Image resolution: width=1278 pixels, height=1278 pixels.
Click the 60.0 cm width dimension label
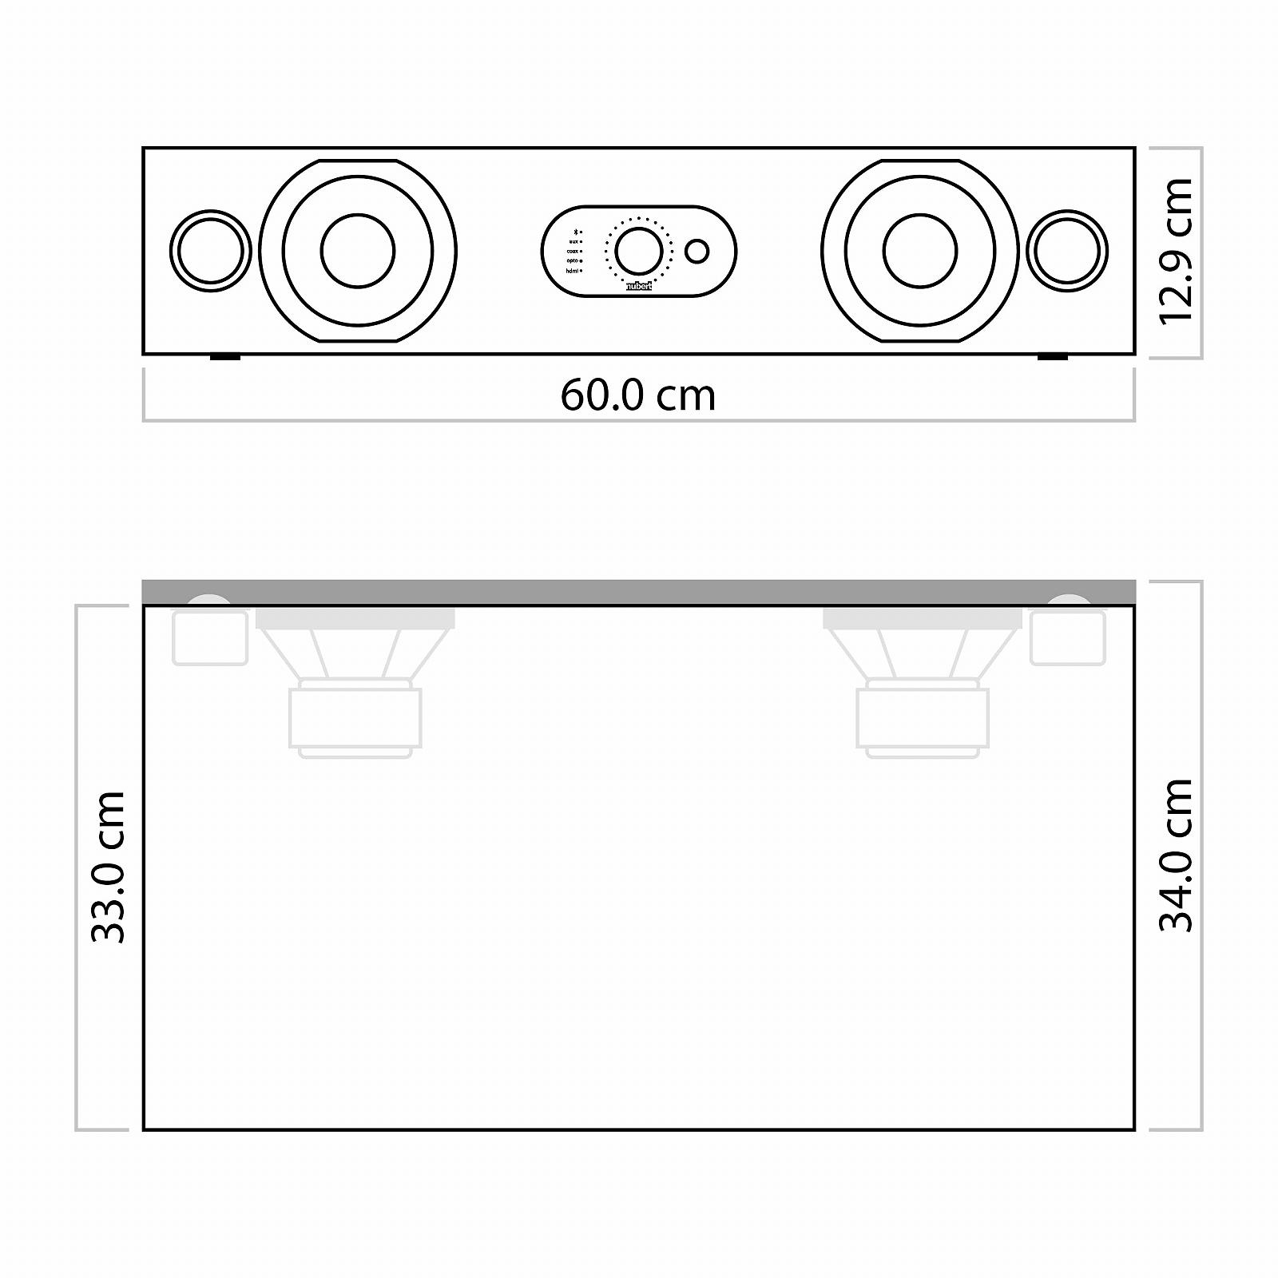point(637,395)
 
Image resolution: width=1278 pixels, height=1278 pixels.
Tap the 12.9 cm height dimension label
point(1176,251)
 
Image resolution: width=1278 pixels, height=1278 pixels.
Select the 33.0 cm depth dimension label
point(108,867)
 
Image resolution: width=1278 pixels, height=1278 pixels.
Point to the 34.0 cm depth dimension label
point(1176,855)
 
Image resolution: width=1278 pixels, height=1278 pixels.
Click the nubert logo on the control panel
point(638,286)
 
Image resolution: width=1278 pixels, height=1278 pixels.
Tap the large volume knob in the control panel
point(638,250)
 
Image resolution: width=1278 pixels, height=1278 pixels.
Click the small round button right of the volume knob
point(697,251)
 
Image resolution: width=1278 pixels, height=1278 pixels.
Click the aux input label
point(573,241)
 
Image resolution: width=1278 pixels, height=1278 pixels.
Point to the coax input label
point(572,251)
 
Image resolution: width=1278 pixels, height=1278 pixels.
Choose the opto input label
point(572,261)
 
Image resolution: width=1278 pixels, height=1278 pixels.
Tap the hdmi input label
point(571,271)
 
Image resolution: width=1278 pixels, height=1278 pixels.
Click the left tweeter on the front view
point(210,251)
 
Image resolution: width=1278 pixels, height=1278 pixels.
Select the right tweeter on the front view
point(1067,251)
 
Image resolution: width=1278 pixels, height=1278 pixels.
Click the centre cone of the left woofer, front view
point(358,251)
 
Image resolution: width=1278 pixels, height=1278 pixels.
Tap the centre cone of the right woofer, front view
point(919,251)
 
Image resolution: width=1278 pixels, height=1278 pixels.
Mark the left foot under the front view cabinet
point(225,357)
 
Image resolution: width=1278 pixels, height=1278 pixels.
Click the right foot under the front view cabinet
point(1052,357)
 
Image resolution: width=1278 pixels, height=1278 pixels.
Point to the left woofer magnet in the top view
point(355,717)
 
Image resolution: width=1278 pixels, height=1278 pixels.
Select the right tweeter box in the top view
point(1067,637)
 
